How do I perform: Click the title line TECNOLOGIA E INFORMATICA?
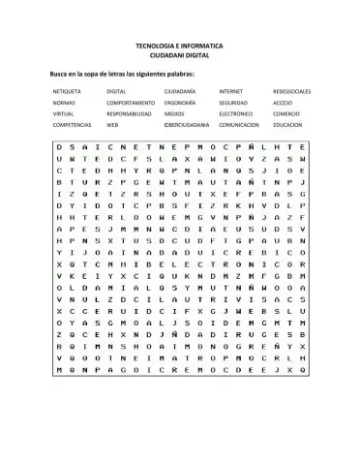point(179,46)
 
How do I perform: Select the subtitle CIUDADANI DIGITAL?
point(179,56)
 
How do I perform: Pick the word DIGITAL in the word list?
point(117,91)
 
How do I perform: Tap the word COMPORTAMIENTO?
point(131,102)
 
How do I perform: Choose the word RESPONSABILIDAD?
point(130,113)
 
